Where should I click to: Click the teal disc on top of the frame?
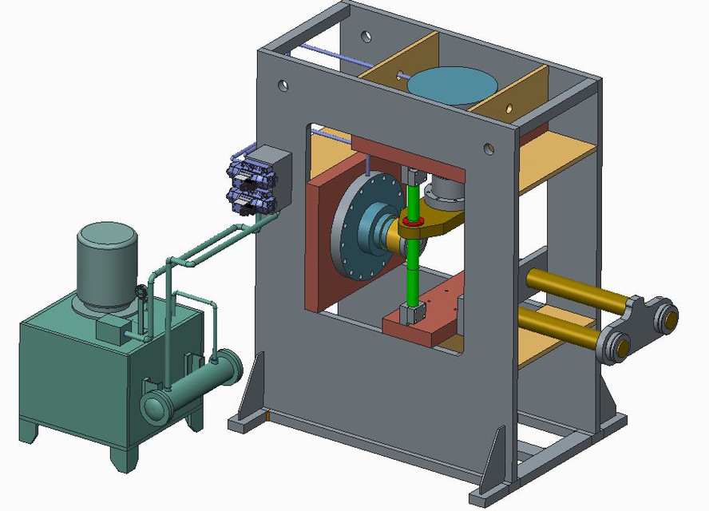[452, 84]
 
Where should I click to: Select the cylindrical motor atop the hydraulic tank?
[106, 264]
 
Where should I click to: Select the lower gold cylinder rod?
[559, 328]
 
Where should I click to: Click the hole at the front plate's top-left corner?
[283, 83]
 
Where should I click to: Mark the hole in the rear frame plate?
[366, 36]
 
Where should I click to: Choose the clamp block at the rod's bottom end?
[412, 315]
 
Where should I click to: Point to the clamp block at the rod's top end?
[413, 175]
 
